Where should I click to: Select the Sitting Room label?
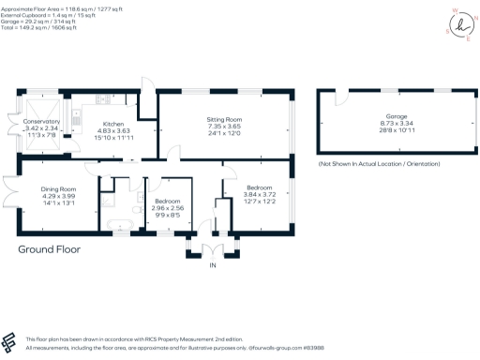click(x=224, y=119)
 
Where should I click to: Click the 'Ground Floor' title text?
click(x=49, y=250)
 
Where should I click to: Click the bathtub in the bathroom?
click(x=119, y=223)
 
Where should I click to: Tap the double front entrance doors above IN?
click(x=212, y=251)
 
